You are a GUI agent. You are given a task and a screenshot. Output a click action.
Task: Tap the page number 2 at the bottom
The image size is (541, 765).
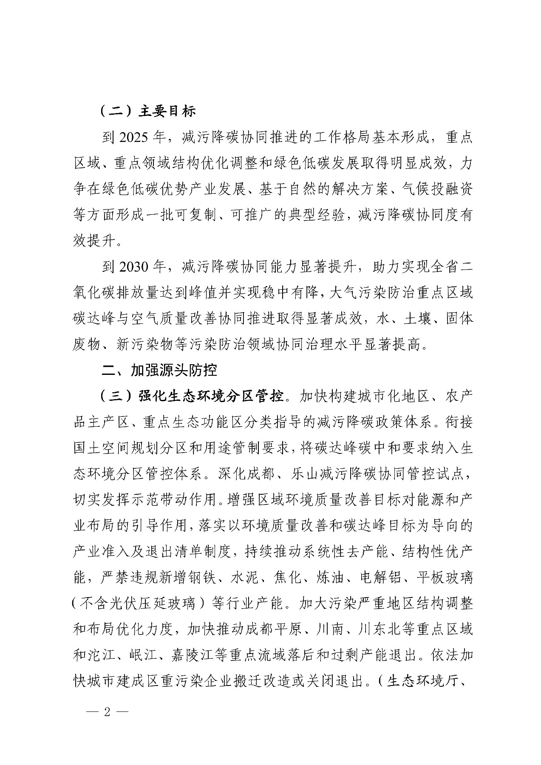coord(107,712)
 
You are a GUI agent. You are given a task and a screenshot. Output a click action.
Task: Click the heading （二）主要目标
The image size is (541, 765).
coord(147,111)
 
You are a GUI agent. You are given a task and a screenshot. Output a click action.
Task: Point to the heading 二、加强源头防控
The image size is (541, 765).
coord(160,370)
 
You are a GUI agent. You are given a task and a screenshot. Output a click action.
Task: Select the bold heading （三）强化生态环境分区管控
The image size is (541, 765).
coord(191,396)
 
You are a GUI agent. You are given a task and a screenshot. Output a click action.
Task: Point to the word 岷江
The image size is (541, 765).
coord(139,655)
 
